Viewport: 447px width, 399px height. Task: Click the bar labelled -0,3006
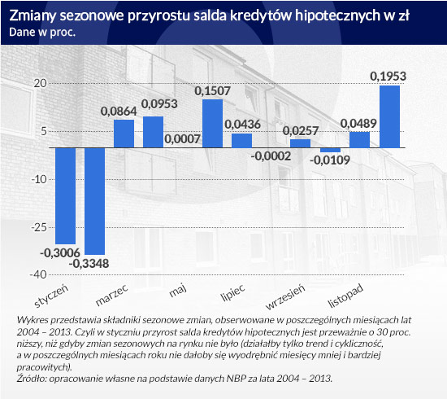click(66, 196)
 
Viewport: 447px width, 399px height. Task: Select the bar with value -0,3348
click(95, 201)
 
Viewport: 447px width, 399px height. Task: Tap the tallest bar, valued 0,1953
click(389, 116)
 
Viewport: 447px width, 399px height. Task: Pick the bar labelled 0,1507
click(212, 124)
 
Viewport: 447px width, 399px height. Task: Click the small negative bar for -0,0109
click(331, 150)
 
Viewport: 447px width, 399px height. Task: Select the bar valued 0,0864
click(124, 134)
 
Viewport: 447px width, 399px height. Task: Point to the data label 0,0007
click(182, 139)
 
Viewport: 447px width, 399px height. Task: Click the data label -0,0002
click(271, 156)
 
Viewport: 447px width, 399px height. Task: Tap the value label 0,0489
click(358, 124)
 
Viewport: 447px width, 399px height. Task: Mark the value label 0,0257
click(301, 131)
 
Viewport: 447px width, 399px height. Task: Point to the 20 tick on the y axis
click(40, 83)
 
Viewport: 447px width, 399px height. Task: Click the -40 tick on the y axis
click(38, 274)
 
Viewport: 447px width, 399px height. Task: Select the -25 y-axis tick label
click(39, 227)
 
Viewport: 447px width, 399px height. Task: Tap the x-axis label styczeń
click(51, 296)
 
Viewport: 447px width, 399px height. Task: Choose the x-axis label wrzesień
click(285, 296)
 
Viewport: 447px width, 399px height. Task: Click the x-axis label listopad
click(345, 296)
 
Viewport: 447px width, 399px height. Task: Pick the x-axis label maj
click(178, 291)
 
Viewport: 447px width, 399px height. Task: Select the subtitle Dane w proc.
click(42, 33)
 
